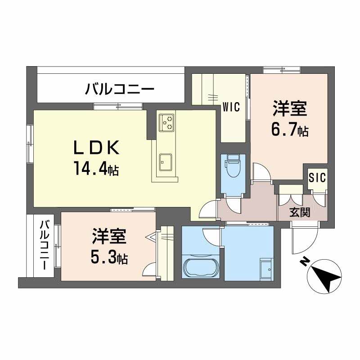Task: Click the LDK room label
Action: tap(96, 148)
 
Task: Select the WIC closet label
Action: tap(231, 107)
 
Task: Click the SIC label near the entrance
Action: tap(317, 177)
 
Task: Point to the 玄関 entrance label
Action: tap(300, 212)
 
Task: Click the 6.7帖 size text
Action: tap(290, 130)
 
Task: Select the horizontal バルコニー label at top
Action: tap(120, 90)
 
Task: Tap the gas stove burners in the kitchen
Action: tap(166, 122)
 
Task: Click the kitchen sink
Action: tap(166, 162)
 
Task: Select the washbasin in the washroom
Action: tap(266, 269)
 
